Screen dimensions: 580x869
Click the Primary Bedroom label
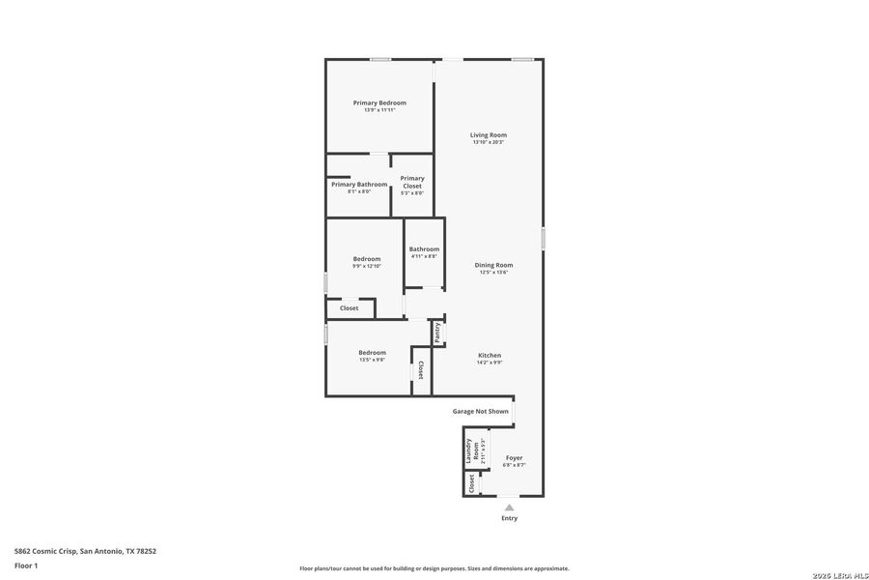tap(379, 102)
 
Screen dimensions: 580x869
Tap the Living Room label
tap(489, 134)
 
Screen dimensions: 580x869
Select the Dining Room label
tap(493, 265)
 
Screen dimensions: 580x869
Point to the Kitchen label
tap(490, 355)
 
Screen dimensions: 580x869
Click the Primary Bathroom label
tap(359, 184)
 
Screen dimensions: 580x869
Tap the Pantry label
tap(437, 332)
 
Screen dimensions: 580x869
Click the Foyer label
tap(514, 458)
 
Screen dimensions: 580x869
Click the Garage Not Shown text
tap(481, 411)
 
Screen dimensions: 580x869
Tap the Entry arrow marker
tap(509, 506)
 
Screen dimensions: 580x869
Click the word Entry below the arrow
tap(509, 518)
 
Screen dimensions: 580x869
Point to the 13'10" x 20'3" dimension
tap(489, 142)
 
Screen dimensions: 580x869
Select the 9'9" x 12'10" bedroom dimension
tap(367, 266)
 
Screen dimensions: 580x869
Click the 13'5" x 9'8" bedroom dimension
tap(373, 360)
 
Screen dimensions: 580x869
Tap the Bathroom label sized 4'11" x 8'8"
tap(424, 248)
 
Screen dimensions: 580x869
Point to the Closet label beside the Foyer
tap(472, 483)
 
